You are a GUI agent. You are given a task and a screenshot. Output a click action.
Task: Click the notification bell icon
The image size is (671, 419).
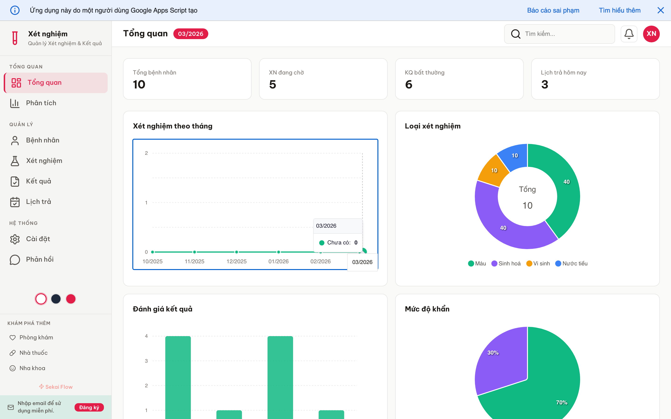coord(629,34)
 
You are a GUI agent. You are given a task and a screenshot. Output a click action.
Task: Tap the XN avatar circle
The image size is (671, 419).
coord(651,34)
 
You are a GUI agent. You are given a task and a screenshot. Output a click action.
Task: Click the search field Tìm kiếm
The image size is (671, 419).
coord(563,34)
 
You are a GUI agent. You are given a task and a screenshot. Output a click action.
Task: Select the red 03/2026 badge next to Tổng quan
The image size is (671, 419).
coord(191,34)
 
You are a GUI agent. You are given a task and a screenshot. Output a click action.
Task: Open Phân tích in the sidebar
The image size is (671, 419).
coord(41,103)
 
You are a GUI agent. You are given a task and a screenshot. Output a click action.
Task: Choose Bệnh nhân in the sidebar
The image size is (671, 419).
coord(42,140)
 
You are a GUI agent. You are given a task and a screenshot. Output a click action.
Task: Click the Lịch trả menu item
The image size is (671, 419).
coord(38,202)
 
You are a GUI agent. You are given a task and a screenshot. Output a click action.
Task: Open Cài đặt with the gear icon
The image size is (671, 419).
coord(38,239)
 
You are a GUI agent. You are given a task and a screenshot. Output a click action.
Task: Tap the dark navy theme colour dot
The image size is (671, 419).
coord(56,299)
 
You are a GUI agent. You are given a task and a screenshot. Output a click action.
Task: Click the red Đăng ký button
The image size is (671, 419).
coord(89,407)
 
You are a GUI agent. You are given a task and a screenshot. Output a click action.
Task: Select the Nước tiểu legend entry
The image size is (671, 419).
coord(572,264)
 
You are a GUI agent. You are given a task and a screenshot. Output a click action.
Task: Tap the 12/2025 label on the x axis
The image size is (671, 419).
coord(236,261)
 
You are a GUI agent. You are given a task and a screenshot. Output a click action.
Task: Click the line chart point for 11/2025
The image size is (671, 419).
coord(194,252)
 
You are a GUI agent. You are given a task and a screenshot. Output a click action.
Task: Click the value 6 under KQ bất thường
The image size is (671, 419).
coord(408,84)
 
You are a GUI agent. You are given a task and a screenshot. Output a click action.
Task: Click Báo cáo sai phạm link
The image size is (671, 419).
coord(553,10)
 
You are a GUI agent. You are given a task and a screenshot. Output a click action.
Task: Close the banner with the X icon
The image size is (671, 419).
coord(661,10)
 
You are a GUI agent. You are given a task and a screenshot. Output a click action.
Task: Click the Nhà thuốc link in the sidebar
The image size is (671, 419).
coord(33,353)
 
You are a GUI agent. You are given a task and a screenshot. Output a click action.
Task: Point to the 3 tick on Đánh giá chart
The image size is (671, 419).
coord(146,361)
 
